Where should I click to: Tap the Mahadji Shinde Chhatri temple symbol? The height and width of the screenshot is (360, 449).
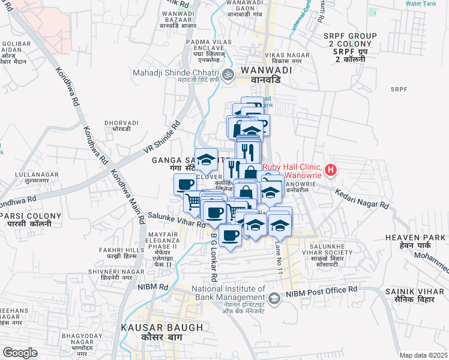coord(227,75)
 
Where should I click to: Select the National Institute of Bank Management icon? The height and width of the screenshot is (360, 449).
coord(274,298)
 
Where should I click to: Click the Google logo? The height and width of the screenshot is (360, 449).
coord(20,352)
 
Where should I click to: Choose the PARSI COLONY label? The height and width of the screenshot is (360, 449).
coord(31,216)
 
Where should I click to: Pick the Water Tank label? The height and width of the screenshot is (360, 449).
coord(420,4)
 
